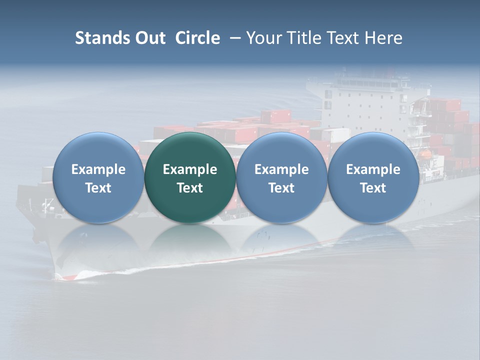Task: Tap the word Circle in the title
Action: tap(197, 38)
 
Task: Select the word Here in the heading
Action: tap(383, 38)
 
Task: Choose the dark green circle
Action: tap(190, 177)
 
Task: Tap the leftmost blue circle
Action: tap(98, 177)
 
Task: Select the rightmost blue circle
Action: tap(373, 177)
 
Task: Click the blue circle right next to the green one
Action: tap(281, 177)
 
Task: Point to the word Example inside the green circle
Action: tap(190, 169)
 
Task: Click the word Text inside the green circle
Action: tap(190, 188)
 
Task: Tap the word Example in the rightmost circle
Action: tap(373, 169)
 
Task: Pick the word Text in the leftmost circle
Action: tap(98, 188)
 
